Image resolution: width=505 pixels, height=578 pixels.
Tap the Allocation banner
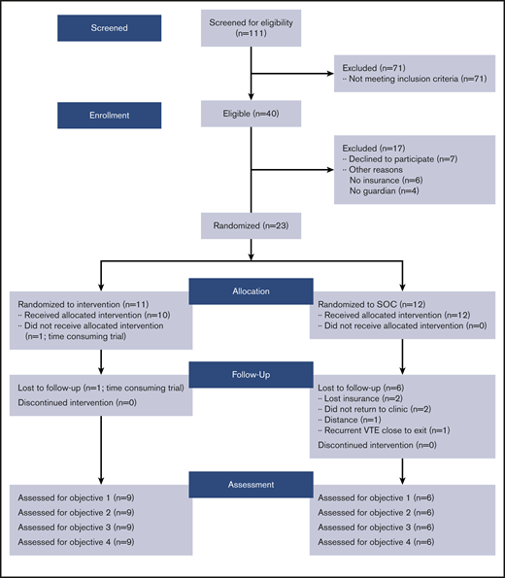click(253, 290)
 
